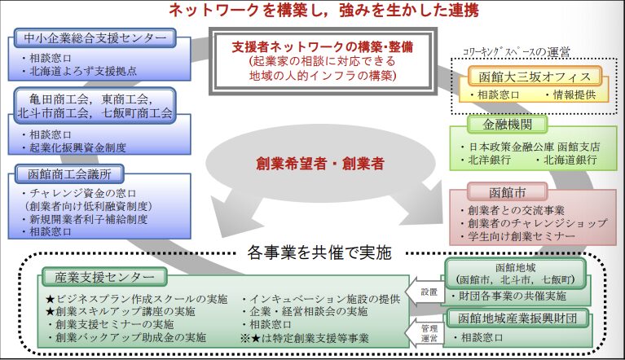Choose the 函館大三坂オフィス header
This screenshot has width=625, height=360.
click(535, 78)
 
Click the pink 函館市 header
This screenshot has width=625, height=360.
click(498, 192)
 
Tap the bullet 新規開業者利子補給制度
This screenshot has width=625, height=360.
click(87, 220)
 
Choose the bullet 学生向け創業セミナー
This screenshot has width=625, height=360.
click(522, 235)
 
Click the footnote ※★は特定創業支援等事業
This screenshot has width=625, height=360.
click(306, 337)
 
